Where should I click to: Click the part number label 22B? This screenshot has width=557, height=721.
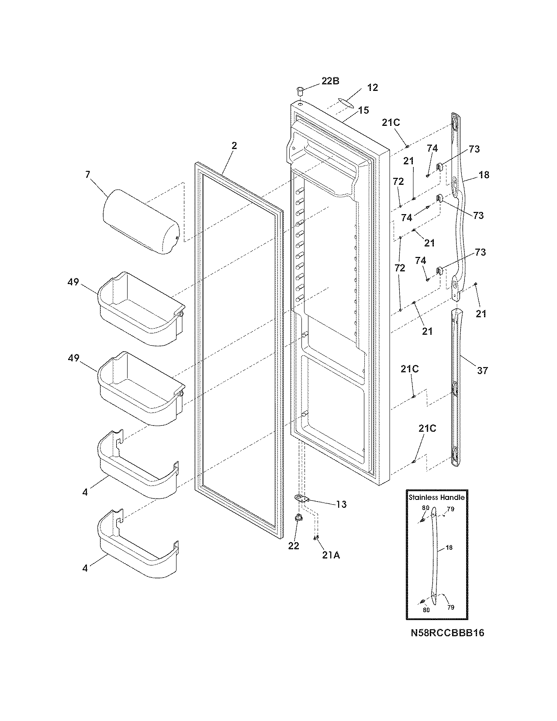(330, 81)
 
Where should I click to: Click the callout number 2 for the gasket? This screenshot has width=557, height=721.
(234, 146)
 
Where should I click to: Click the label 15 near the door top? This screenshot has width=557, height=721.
(363, 110)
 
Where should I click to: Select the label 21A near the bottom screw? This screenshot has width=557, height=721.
(331, 555)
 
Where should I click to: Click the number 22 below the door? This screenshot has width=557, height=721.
(294, 546)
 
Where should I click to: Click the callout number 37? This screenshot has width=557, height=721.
(482, 371)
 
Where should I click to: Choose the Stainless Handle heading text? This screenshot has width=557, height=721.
(436, 497)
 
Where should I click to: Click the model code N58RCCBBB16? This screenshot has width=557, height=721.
(447, 633)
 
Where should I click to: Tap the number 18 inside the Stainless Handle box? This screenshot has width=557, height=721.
(450, 547)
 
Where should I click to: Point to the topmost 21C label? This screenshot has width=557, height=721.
(391, 123)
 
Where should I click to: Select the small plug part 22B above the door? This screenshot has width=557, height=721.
(300, 90)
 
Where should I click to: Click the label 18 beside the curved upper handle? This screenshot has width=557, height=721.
(484, 175)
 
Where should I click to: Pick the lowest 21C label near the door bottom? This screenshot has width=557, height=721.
(427, 429)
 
